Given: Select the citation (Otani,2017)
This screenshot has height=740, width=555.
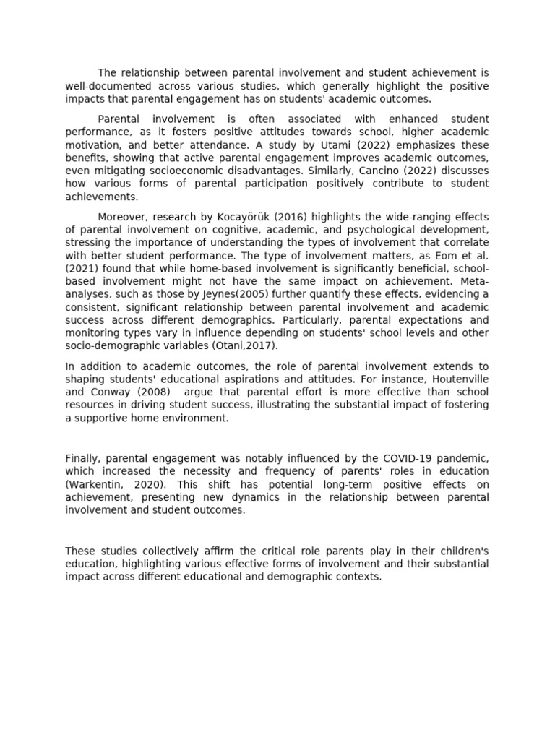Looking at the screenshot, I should pyautogui.click(x=244, y=346).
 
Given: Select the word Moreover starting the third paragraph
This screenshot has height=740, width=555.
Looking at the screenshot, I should pyautogui.click(x=121, y=217).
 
